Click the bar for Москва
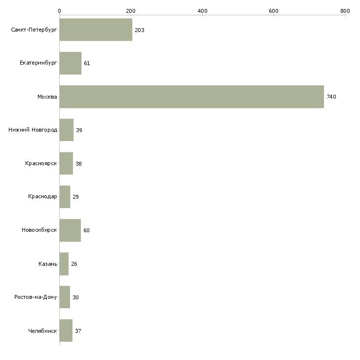191,97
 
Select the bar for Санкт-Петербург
96,30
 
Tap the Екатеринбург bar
70,63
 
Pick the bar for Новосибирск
70,230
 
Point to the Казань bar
64,264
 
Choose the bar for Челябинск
66,331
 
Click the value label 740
331,97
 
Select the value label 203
139,30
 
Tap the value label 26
74,264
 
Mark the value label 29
75,197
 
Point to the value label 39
79,130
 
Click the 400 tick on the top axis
202,10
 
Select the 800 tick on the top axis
345,10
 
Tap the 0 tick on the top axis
59,10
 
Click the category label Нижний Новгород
33,130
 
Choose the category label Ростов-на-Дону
36,297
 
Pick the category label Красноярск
41,163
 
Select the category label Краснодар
42,197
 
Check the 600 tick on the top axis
274,10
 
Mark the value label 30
75,297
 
